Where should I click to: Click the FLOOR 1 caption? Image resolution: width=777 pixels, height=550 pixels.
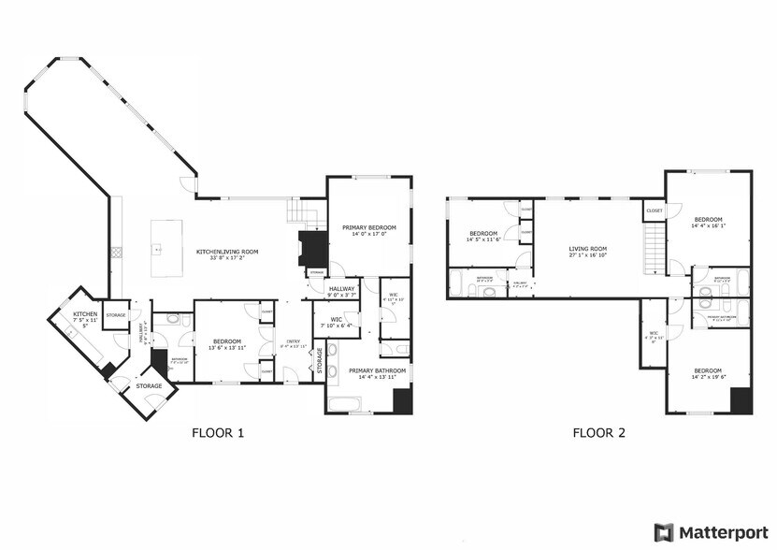tap(218, 433)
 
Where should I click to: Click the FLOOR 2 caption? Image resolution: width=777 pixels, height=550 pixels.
tap(598, 433)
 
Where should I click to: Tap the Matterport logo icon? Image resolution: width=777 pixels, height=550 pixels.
tap(663, 532)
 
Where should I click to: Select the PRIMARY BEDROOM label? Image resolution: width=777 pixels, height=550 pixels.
tap(369, 227)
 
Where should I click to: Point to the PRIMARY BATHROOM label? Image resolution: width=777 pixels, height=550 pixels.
tap(378, 370)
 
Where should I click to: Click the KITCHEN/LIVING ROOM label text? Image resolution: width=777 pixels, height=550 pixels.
tap(226, 252)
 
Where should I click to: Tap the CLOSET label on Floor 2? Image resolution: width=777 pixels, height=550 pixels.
tap(654, 211)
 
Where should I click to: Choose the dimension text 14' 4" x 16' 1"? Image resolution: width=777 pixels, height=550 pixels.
tap(708, 226)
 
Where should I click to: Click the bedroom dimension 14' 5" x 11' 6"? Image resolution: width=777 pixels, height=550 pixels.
tap(483, 239)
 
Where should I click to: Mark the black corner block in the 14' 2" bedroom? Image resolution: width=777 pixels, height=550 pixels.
tap(741, 400)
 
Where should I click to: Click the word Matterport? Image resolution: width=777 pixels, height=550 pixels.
tap(723, 532)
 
